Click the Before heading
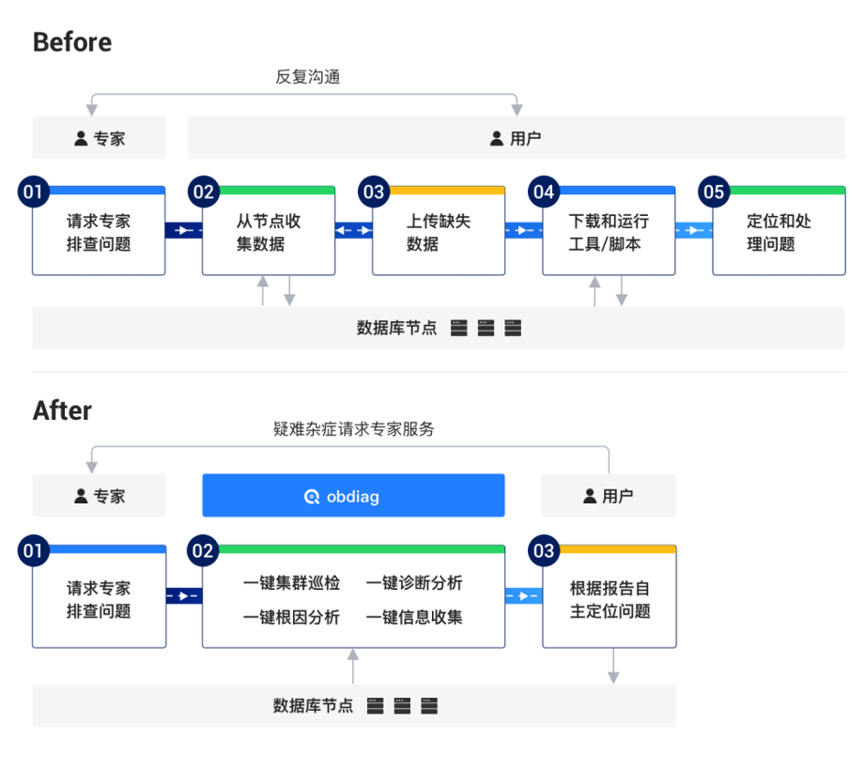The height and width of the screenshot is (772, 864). click(x=72, y=42)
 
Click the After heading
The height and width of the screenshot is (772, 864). click(x=62, y=410)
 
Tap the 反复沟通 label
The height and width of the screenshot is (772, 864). click(x=307, y=77)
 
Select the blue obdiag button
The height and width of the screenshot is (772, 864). click(x=353, y=495)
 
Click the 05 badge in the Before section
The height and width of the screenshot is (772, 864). click(x=714, y=193)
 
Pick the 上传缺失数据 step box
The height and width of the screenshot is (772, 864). click(x=439, y=233)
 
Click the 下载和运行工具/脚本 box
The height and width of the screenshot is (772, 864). click(x=609, y=233)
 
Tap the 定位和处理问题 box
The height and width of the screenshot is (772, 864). click(x=779, y=233)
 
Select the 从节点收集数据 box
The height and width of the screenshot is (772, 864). click(x=269, y=233)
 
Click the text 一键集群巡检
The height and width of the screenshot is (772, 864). click(x=291, y=583)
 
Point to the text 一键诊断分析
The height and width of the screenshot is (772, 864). click(x=414, y=583)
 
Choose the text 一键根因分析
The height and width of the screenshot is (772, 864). click(x=291, y=617)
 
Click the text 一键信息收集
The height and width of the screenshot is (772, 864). click(x=414, y=617)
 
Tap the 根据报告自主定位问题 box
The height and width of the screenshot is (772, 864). click(x=609, y=600)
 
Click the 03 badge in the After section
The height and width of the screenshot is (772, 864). click(x=544, y=550)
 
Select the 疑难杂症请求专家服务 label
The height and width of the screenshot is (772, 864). click(x=353, y=429)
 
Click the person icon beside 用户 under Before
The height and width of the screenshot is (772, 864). click(x=497, y=139)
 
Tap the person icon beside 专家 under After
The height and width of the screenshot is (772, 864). click(x=82, y=496)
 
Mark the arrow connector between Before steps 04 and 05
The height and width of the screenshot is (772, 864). click(x=693, y=230)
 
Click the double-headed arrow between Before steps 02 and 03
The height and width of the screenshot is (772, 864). click(x=353, y=230)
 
